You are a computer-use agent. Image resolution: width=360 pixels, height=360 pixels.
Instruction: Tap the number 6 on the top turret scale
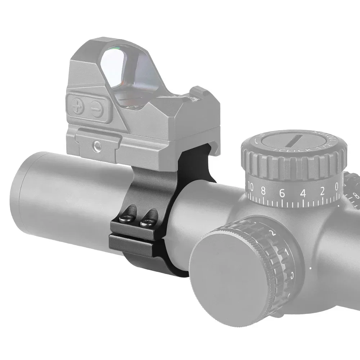tap(282, 193)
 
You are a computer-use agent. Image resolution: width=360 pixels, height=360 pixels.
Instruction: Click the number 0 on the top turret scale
tap(337, 186)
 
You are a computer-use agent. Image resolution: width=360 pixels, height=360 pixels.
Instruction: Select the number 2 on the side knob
tap(272, 234)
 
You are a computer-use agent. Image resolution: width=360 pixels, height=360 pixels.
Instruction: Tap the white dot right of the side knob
tap(311, 267)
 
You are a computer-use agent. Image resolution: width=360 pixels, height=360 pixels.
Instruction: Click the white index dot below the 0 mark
tap(339, 206)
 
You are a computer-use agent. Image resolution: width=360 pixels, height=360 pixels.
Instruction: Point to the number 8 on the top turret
tap(264, 191)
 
